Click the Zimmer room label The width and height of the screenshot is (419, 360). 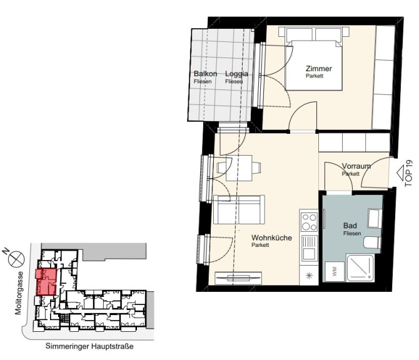point(318,69)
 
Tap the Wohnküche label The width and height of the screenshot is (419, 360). point(271,237)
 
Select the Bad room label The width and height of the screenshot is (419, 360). point(350,226)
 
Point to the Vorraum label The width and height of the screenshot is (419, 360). point(356,166)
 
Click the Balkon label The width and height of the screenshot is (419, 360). point(205,74)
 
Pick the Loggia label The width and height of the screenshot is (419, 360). point(236,74)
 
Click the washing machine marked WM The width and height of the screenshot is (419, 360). point(335,271)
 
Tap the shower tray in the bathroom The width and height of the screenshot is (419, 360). point(360,268)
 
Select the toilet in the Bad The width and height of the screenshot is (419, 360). point(372,242)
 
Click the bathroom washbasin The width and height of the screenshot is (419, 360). point(375,218)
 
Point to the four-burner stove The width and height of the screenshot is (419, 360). point(309,222)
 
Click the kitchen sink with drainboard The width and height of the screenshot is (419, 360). point(309,248)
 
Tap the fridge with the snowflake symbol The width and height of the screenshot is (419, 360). point(309,276)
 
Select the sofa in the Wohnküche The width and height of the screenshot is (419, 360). point(239,209)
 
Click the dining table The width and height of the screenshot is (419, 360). point(239,168)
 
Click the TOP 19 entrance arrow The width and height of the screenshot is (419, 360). point(401,172)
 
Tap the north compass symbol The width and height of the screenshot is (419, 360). point(16,259)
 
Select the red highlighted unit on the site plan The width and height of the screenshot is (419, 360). point(46,282)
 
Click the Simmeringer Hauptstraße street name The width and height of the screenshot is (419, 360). point(89,346)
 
